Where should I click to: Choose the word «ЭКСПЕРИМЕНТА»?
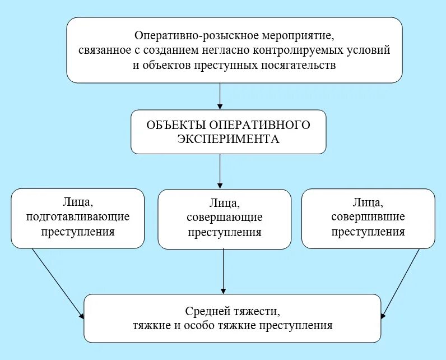coord(228,139)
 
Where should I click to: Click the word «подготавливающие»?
coord(78,216)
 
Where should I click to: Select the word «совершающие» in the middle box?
coord(224,218)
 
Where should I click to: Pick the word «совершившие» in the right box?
coord(368,216)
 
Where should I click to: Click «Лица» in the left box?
coord(78,201)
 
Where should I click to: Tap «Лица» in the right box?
coord(368,201)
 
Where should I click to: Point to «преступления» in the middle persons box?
coord(224,232)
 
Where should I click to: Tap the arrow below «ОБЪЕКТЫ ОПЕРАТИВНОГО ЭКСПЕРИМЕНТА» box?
coord(220,171)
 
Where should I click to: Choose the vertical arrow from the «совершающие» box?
coord(224,271)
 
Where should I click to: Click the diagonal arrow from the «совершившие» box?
coord(401,283)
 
